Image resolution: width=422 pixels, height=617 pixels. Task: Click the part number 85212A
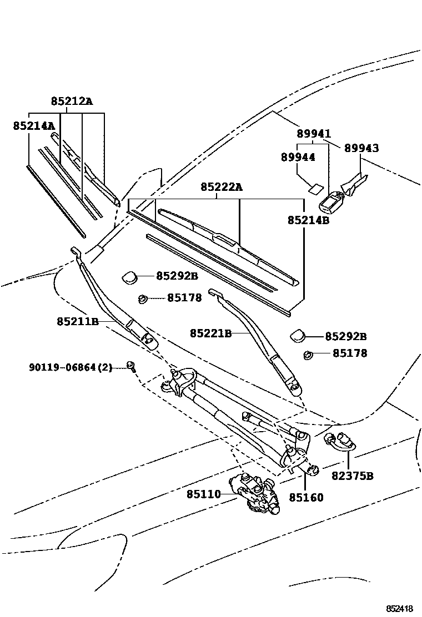pos(72,102)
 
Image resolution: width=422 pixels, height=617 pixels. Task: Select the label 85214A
pos(34,126)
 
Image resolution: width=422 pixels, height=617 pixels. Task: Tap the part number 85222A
pos(222,188)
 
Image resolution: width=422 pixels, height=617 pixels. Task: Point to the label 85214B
pos(309,220)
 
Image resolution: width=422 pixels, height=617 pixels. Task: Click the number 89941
pos(313,134)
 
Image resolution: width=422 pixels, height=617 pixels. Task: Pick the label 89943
pos(361,148)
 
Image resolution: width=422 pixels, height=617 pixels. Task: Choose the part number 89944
pos(298,158)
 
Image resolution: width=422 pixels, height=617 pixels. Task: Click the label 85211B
pos(77,321)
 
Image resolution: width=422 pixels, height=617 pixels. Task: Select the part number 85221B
pos(210,333)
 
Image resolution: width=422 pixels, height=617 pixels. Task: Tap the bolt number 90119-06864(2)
pos(71,367)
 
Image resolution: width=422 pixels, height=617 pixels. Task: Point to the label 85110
pos(203,494)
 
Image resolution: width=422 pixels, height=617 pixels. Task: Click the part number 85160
pos(305,498)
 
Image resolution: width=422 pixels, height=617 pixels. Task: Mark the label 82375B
pos(352,476)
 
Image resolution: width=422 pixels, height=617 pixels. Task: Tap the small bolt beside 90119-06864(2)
pos(131,366)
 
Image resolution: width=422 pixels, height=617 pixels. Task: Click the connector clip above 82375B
pos(338,441)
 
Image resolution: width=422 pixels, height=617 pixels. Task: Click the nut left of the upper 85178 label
pos(143,299)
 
